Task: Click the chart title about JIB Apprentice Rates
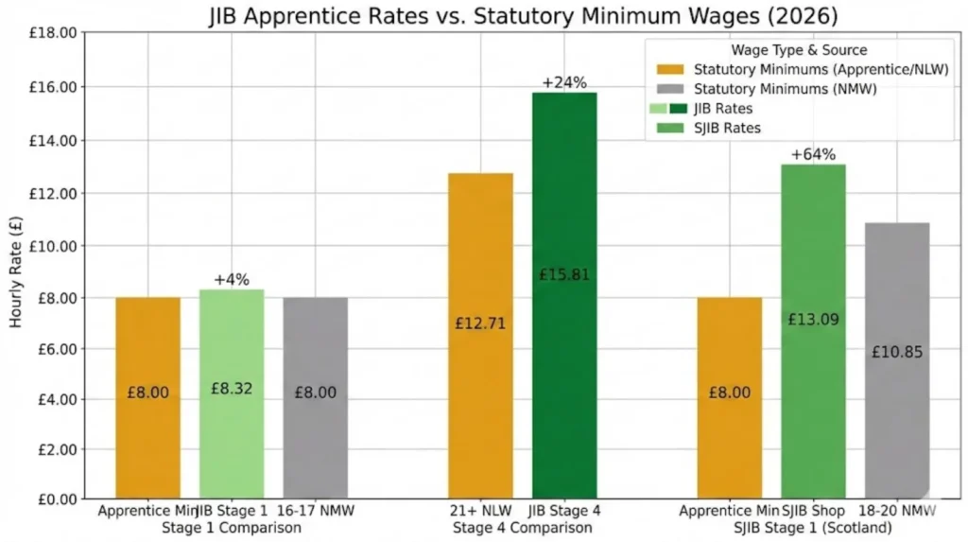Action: pyautogui.click(x=510, y=15)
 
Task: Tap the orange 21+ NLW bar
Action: pyautogui.click(x=481, y=336)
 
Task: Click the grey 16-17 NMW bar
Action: pyautogui.click(x=315, y=397)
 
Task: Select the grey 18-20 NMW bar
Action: pyautogui.click(x=897, y=360)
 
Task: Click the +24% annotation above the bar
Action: pyautogui.click(x=564, y=82)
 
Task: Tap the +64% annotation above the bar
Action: pyautogui.click(x=813, y=154)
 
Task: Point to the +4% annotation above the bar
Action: pyautogui.click(x=232, y=280)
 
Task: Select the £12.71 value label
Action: pyautogui.click(x=481, y=323)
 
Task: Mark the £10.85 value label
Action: pyautogui.click(x=897, y=352)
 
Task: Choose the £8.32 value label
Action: pyautogui.click(x=232, y=388)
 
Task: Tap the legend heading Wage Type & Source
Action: pyautogui.click(x=799, y=50)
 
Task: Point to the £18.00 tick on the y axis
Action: pyautogui.click(x=52, y=34)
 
